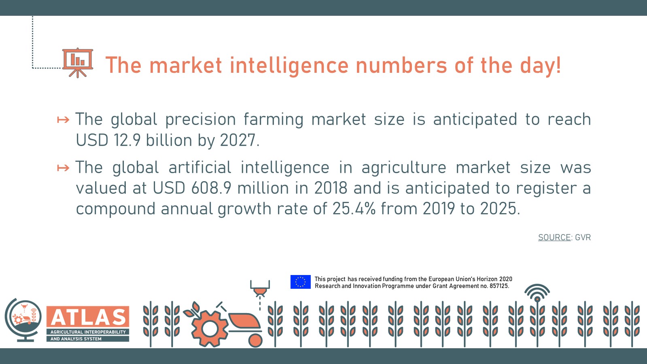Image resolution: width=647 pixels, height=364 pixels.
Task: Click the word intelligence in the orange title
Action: [x=289, y=66]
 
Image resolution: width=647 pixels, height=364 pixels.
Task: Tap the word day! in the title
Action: [x=541, y=66]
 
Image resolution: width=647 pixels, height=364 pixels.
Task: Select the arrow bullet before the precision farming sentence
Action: [x=63, y=119]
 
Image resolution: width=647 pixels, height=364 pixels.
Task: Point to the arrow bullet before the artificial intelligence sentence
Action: [x=63, y=168]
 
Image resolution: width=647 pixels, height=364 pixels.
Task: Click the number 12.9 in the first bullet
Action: [x=127, y=140]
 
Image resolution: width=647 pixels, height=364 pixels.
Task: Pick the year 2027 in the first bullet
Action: [x=238, y=140]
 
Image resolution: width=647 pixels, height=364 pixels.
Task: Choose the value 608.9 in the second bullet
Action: [x=211, y=188]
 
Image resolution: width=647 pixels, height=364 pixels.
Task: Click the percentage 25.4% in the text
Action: [x=354, y=208]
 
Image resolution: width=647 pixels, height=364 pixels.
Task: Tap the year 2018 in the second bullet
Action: [x=331, y=188]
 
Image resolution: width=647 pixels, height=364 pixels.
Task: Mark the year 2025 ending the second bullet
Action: [x=498, y=208]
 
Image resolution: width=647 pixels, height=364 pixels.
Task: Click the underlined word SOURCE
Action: [x=554, y=237]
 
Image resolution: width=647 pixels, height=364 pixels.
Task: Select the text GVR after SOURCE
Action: [x=583, y=237]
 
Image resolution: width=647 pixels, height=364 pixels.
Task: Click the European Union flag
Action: [x=301, y=282]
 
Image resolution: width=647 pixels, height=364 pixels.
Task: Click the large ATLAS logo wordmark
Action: [x=88, y=317]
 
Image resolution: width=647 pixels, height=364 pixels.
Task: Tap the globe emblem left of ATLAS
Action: [x=23, y=320]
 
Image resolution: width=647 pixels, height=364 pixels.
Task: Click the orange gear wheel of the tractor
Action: [x=210, y=328]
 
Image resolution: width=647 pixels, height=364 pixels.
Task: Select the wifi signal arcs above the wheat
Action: [x=537, y=291]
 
